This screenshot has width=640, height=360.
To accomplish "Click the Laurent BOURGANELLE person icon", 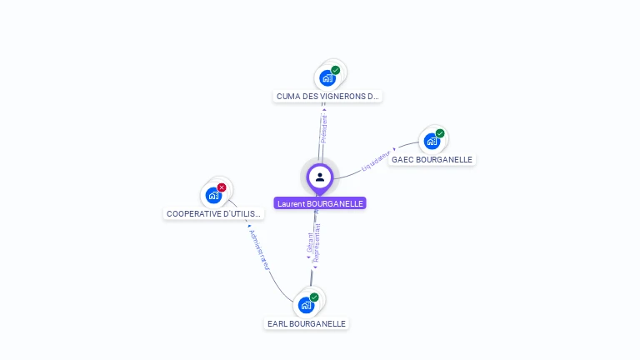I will click(320, 177).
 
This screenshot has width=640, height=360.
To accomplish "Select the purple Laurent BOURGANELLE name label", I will click(320, 203).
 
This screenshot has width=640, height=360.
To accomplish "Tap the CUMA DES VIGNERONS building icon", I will click(327, 78).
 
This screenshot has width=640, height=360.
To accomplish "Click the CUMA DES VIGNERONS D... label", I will click(327, 97).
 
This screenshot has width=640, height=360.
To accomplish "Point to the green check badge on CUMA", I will click(335, 70).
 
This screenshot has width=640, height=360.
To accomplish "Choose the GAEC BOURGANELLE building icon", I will click(432, 141).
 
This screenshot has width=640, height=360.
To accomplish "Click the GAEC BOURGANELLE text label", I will click(432, 160).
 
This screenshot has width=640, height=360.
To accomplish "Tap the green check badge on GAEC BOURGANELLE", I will click(440, 133).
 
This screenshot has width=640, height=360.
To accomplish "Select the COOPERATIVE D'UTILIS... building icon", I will click(213, 196).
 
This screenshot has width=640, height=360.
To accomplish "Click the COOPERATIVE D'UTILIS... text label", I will click(213, 214).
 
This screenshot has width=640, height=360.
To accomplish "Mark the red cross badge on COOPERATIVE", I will click(222, 187).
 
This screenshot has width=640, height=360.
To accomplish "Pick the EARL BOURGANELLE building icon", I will click(306, 305).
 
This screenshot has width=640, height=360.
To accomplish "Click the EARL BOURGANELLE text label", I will click(306, 323).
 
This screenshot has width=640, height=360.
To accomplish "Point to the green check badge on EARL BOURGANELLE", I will click(314, 297).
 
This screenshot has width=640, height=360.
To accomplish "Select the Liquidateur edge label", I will click(377, 161).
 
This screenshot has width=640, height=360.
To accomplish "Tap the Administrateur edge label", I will click(259, 249).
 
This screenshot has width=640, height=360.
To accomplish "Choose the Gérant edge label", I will click(309, 243).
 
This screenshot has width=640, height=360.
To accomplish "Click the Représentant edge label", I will click(317, 243).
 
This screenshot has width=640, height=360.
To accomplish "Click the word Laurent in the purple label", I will click(291, 203).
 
